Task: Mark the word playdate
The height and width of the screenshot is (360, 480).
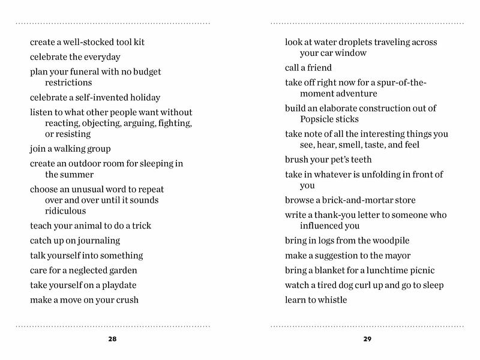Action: [119, 285]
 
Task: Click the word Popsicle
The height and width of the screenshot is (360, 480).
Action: [319, 119]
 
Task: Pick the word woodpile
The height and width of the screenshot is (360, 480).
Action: [388, 241]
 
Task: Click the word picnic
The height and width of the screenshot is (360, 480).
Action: [420, 270]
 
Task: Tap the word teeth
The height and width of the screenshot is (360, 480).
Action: [358, 160]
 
